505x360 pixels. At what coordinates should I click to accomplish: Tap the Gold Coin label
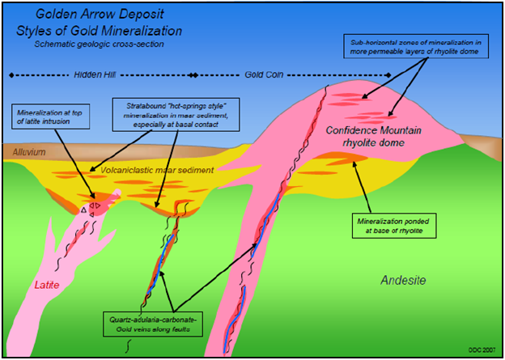coord(264,74)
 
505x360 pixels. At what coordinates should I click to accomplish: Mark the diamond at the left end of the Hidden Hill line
coord(10,74)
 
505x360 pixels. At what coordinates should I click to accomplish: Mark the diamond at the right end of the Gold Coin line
coord(392,74)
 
